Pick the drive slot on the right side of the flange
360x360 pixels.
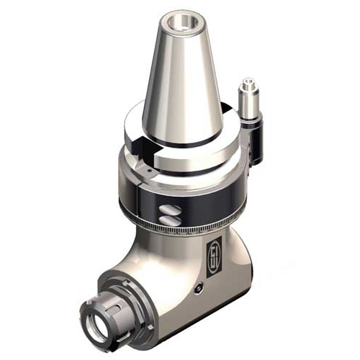click(229, 109)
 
